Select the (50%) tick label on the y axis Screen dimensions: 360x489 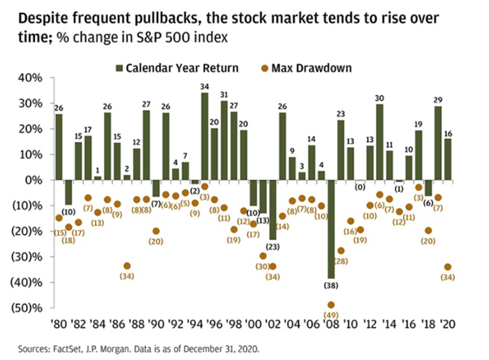(x=28, y=308)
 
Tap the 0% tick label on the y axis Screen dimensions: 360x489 (x=34, y=180)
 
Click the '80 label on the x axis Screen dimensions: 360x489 (x=58, y=323)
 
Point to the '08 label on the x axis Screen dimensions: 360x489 (x=331, y=323)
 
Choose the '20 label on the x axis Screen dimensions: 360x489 (x=448, y=323)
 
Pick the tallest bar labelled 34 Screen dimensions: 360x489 (x=205, y=137)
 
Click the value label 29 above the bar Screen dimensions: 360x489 (x=438, y=99)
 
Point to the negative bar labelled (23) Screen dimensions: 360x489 (x=272, y=210)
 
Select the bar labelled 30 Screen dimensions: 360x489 (x=379, y=141)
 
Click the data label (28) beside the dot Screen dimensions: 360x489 (x=340, y=262)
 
